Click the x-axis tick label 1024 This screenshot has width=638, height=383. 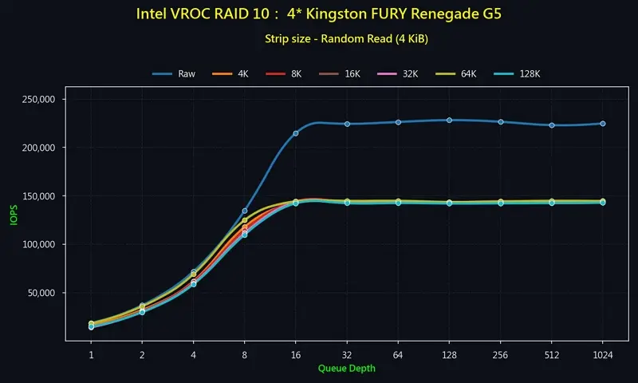click(602, 354)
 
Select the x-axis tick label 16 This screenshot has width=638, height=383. click(296, 354)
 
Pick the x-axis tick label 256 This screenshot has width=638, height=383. click(500, 354)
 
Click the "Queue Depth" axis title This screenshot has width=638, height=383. click(346, 369)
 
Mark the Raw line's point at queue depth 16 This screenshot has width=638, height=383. click(296, 133)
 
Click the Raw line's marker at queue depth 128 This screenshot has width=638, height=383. click(449, 120)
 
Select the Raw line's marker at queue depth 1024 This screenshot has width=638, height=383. click(602, 124)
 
